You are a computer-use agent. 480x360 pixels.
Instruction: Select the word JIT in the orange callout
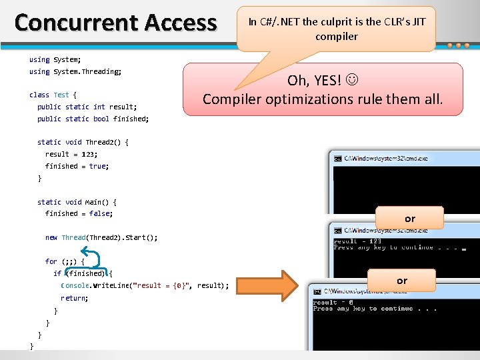click(x=419, y=21)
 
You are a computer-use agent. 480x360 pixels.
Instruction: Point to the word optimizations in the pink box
click(x=317, y=99)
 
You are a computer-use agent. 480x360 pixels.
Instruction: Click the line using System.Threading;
click(x=75, y=71)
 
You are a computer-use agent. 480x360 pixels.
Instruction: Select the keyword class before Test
click(x=39, y=95)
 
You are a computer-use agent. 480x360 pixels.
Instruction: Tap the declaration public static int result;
click(x=87, y=107)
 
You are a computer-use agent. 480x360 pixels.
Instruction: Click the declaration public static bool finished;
click(x=93, y=119)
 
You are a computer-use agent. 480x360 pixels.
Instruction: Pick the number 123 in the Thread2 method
click(x=89, y=154)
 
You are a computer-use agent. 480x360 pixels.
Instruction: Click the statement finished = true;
click(x=77, y=166)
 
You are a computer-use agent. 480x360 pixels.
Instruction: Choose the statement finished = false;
click(x=79, y=213)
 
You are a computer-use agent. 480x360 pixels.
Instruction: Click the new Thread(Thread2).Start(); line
click(x=101, y=237)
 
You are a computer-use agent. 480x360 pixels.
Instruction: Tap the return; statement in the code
click(x=74, y=298)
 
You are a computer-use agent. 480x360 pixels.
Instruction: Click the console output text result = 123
click(x=357, y=241)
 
